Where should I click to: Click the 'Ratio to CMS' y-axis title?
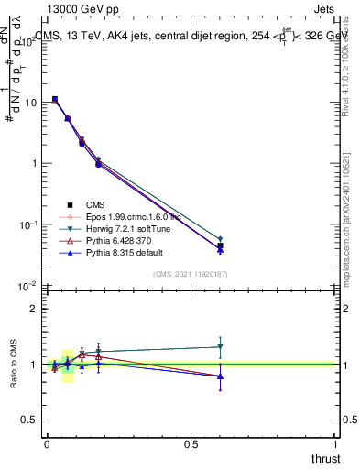tap(13, 364)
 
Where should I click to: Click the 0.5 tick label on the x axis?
tap(191, 444)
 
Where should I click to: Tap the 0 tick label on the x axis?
tap(48, 444)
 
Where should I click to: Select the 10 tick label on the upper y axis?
tap(30, 103)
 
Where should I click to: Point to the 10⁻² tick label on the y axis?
tap(28, 287)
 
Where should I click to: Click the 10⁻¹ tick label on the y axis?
tap(28, 225)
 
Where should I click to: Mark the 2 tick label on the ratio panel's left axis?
tap(34, 310)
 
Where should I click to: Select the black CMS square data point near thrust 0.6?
tap(220, 245)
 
